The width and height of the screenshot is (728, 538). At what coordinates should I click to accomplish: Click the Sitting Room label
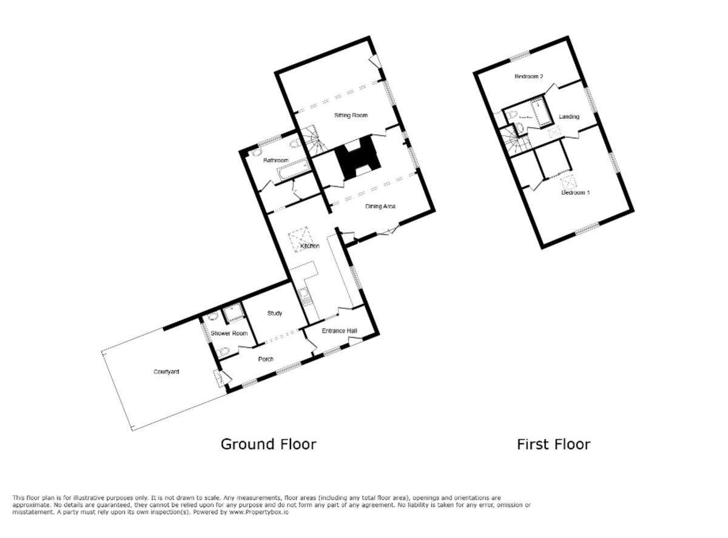351,115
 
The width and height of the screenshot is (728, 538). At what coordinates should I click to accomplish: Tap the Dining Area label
380,207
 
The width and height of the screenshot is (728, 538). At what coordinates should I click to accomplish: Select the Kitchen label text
311,246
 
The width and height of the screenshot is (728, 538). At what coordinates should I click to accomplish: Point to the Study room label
275,314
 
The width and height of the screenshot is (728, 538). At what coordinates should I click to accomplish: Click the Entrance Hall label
339,331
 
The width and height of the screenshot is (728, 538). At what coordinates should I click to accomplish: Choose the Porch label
266,359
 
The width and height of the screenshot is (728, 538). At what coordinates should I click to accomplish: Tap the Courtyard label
166,372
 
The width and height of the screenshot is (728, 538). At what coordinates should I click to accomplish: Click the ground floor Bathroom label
275,161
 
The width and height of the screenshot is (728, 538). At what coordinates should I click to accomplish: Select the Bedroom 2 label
528,76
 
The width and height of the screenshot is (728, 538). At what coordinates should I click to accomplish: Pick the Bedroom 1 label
576,192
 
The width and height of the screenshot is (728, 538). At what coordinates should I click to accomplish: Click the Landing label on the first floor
569,116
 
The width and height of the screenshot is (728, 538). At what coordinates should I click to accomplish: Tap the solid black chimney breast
359,160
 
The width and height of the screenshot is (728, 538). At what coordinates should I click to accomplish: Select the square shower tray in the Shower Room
231,314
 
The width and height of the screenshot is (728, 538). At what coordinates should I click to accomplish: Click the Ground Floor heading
268,444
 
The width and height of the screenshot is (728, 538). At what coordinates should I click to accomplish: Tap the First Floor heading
553,444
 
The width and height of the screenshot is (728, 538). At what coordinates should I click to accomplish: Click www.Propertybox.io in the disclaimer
258,513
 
